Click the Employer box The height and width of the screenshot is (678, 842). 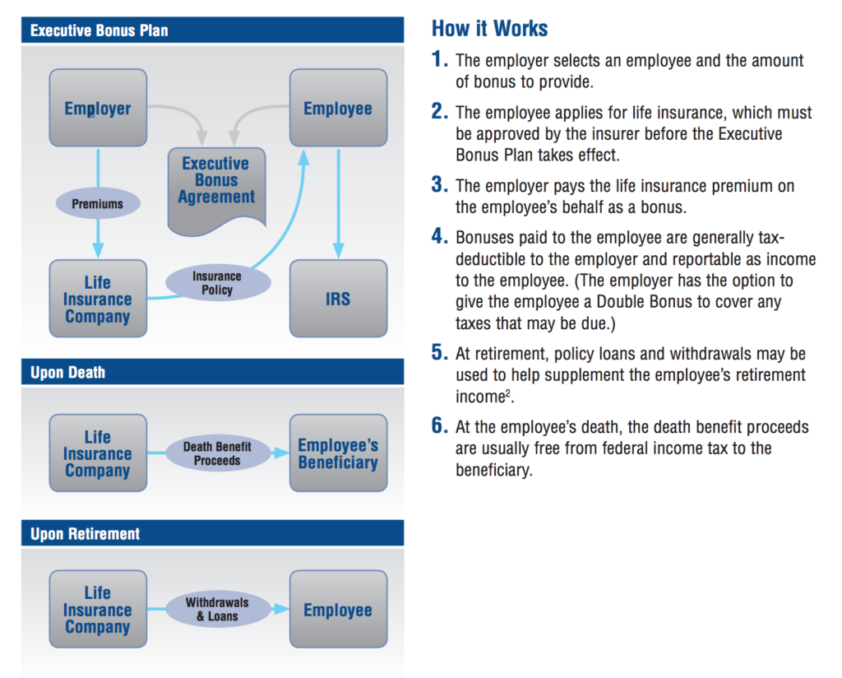[x=98, y=108]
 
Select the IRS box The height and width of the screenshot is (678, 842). [x=338, y=299]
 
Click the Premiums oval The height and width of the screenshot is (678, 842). [x=98, y=203]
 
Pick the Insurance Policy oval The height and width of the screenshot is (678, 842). [x=217, y=282]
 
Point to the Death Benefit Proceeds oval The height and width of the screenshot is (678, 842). [x=217, y=453]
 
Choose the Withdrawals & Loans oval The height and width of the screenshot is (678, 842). [x=217, y=609]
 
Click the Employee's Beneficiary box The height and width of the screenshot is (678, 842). [x=338, y=453]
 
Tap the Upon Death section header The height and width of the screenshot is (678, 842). [x=213, y=372]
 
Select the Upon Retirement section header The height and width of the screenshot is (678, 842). [x=213, y=533]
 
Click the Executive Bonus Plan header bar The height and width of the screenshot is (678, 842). [x=213, y=30]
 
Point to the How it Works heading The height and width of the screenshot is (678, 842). [x=490, y=28]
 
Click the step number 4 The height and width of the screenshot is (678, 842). [x=439, y=236]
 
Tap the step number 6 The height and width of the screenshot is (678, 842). [x=439, y=425]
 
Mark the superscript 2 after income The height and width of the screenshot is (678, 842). [x=508, y=392]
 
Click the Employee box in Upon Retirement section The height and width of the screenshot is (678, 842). [x=338, y=609]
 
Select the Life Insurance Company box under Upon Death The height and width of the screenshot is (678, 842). [x=98, y=453]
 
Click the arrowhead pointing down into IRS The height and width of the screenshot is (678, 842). [x=338, y=250]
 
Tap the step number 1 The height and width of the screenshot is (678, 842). [x=439, y=58]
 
